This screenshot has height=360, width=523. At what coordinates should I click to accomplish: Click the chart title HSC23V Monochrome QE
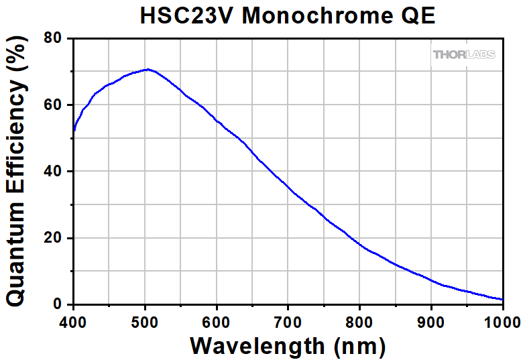click(x=288, y=15)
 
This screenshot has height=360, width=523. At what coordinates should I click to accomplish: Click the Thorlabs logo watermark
click(x=464, y=54)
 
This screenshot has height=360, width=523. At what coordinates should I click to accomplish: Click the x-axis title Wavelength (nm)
click(x=288, y=346)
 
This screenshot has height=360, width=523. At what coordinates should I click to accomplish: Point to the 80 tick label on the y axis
click(x=54, y=38)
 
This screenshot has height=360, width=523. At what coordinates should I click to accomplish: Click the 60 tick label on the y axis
click(x=54, y=105)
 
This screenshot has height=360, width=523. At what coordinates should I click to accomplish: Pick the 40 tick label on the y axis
click(x=54, y=171)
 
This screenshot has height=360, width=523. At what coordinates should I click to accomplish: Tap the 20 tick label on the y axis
click(x=54, y=237)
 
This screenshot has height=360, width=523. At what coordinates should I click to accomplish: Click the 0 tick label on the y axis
click(x=58, y=304)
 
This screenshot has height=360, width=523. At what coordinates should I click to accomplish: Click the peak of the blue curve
click(x=148, y=69)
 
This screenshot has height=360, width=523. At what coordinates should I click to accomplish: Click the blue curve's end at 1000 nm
click(x=503, y=300)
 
